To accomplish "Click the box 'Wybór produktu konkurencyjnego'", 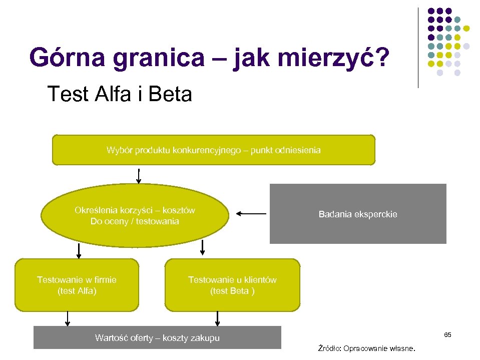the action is (x=213, y=150).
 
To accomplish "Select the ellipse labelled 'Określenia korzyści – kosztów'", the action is (x=134, y=216).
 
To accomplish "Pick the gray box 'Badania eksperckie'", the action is (x=358, y=214).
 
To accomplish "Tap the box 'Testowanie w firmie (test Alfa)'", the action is (x=77, y=285).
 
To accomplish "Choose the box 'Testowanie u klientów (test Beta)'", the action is (x=232, y=285).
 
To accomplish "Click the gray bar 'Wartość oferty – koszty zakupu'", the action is (x=157, y=337).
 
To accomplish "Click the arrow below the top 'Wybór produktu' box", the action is (x=139, y=175).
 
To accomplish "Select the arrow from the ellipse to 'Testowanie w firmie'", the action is (x=79, y=250).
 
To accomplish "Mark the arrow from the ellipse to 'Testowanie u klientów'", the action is (x=203, y=247).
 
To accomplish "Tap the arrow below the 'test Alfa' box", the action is (x=68, y=318).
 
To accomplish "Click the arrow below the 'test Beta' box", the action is (x=218, y=318).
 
